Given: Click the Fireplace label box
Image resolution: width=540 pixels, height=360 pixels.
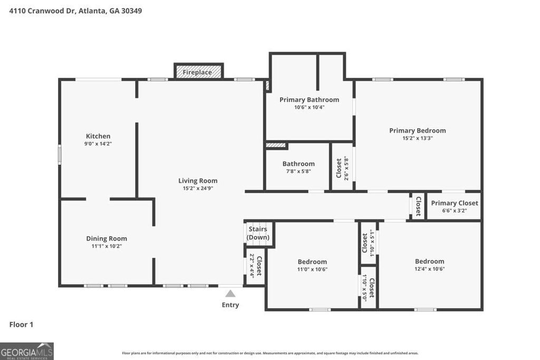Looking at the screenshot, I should [x=198, y=72].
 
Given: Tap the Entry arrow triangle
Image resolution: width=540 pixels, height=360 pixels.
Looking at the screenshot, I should [x=230, y=294].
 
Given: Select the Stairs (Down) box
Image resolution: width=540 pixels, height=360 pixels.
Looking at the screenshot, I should [x=258, y=233].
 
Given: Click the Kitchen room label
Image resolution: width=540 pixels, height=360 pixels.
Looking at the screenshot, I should [x=98, y=136].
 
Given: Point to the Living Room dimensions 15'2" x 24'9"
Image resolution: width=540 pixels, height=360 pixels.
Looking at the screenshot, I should [x=198, y=188].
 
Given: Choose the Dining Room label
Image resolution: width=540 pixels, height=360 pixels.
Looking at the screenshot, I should [x=107, y=238].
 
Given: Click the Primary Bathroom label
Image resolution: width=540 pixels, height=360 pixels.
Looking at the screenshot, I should [x=309, y=100].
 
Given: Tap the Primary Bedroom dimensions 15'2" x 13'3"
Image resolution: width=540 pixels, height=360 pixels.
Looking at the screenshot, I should [x=417, y=138].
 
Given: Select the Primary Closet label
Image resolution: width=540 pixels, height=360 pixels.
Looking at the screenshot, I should [x=454, y=203].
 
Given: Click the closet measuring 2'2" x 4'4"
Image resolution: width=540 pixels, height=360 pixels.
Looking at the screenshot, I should [x=255, y=266].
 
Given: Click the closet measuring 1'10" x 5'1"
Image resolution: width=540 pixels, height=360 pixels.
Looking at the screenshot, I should [x=368, y=242].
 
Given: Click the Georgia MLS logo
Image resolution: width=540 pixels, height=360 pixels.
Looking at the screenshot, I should [x=27, y=351].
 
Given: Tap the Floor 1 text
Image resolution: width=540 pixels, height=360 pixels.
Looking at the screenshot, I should [x=21, y=325].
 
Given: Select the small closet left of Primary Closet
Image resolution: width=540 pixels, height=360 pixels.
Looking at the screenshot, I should [x=418, y=206].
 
